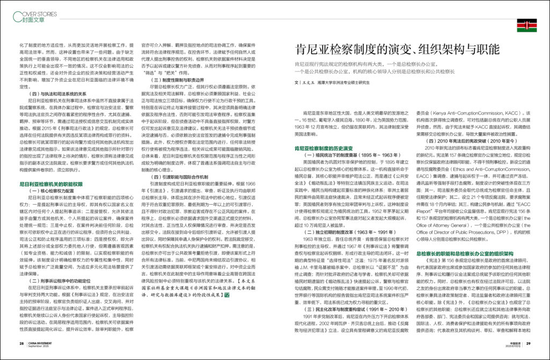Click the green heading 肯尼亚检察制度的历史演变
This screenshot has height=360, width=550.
click(x=323, y=147)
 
